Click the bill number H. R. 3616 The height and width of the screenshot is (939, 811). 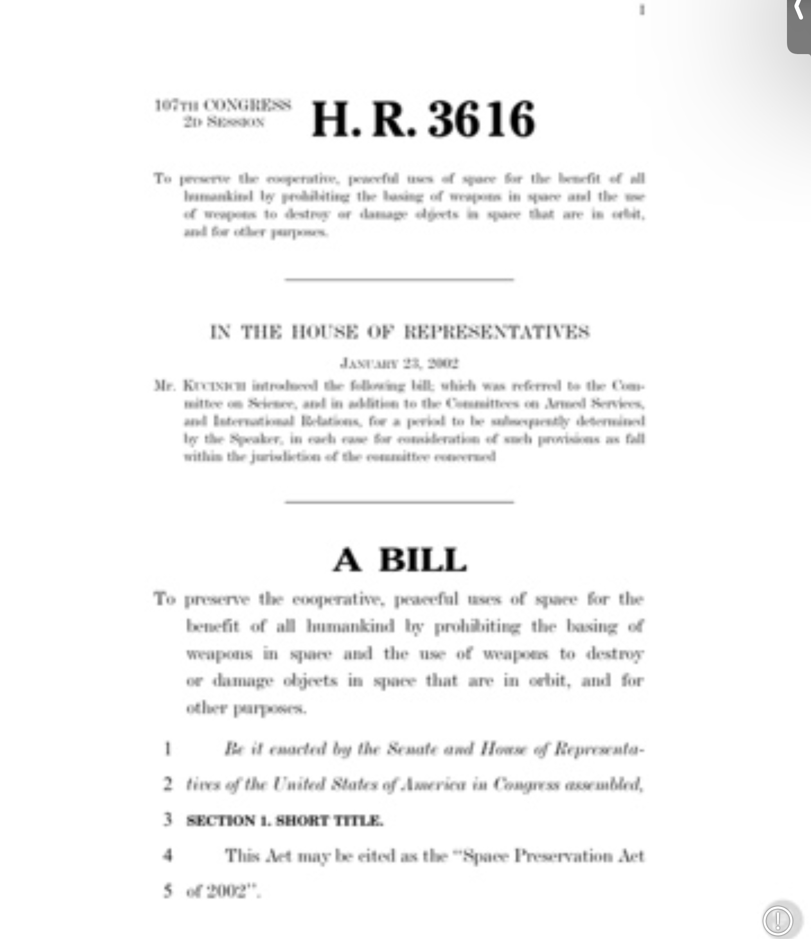424,119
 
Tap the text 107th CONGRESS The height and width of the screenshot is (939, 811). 223,105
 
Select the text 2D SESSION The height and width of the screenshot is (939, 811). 224,122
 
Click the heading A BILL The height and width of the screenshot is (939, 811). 400,560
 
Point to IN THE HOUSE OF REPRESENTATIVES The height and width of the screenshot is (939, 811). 399,332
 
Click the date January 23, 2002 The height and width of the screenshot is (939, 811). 399,363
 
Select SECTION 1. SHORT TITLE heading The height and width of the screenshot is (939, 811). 284,821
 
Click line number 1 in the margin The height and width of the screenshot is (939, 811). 168,749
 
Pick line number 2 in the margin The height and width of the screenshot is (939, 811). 168,784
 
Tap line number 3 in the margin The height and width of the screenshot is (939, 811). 168,820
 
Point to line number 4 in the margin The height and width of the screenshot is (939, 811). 168,855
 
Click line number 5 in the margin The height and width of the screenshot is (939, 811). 168,891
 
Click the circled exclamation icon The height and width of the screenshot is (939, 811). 777,919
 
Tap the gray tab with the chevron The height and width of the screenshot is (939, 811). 799,25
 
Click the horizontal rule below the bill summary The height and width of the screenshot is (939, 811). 399,279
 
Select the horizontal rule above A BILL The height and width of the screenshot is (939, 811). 399,501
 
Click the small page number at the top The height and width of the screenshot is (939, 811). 642,10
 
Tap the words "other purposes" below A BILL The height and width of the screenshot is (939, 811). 246,708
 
